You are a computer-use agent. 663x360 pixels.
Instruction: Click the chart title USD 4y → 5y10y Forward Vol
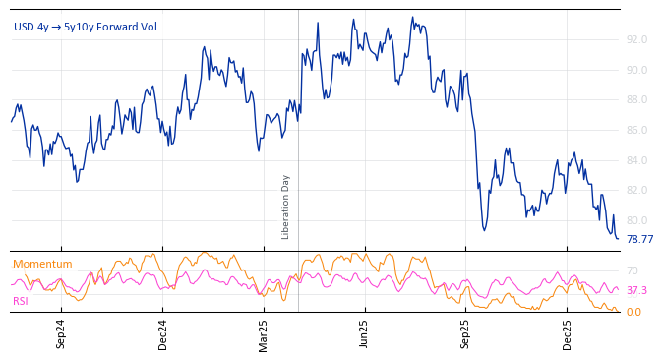point(86,27)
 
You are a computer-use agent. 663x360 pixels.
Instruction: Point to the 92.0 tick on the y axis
point(635,40)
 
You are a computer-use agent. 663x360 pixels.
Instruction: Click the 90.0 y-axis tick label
point(635,70)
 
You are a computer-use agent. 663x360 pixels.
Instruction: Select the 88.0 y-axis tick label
point(635,100)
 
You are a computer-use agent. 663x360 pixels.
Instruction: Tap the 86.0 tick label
point(635,131)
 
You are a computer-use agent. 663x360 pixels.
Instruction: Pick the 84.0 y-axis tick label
point(635,161)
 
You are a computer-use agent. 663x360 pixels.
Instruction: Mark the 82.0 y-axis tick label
point(635,191)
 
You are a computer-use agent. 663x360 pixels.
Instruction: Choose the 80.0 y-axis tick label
point(635,221)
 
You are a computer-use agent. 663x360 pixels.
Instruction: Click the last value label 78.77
point(639,239)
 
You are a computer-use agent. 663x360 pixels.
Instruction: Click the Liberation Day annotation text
point(286,207)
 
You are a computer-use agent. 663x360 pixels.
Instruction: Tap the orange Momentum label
point(42,264)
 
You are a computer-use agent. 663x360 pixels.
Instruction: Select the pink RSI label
point(20,301)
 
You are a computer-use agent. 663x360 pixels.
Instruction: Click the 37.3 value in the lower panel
point(636,291)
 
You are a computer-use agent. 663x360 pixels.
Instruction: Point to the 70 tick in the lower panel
point(632,270)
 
